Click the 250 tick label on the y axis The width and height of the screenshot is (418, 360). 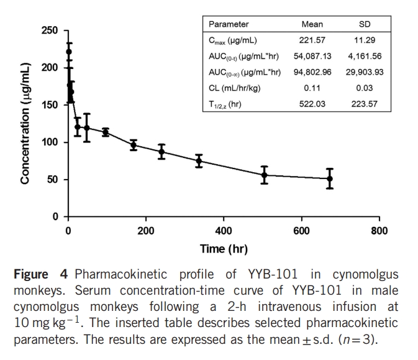(x=50, y=30)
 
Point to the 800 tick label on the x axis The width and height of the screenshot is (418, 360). (x=379, y=231)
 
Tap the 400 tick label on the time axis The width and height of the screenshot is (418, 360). (x=224, y=231)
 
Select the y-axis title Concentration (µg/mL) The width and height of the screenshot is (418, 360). (x=25, y=123)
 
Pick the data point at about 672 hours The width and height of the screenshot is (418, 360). (x=330, y=178)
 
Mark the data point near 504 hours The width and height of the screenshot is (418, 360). (x=264, y=175)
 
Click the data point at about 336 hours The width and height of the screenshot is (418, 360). (x=199, y=161)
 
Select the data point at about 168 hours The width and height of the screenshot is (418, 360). (x=134, y=145)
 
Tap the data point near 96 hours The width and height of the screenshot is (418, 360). (x=106, y=132)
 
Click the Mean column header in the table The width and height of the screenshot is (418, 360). (x=312, y=24)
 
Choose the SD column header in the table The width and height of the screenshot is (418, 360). (x=365, y=24)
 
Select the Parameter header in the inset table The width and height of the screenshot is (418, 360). (x=229, y=24)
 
